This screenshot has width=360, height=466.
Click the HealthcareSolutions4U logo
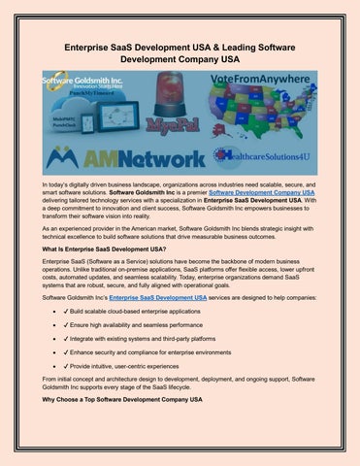coord(264,154)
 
